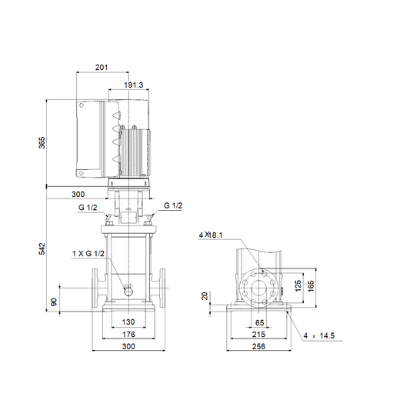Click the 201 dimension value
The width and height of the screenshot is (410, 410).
tap(102, 68)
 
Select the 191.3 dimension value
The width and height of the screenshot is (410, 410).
tap(133, 85)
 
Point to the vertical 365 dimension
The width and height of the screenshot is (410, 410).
tap(42, 142)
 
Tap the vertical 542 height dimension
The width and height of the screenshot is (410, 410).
tap(42, 248)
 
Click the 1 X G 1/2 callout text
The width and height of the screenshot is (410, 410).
tap(88, 253)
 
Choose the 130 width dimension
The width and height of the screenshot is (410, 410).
tap(128, 322)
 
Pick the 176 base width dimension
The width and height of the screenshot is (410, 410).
tap(128, 334)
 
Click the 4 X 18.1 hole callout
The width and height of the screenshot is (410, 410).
tap(211, 235)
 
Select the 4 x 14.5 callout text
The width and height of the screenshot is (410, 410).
tap(319, 335)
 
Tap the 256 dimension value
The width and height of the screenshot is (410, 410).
tap(258, 346)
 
